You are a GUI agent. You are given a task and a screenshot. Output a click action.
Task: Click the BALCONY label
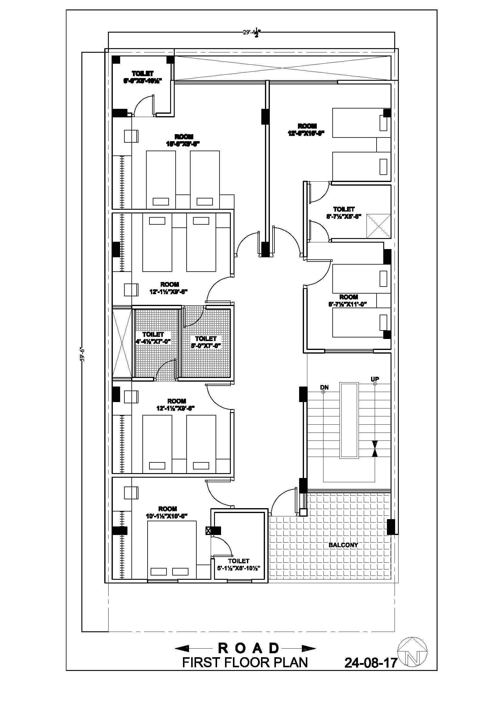[343, 545]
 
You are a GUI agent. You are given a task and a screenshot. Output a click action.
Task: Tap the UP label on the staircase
[374, 379]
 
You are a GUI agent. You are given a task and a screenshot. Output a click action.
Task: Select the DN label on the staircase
[324, 387]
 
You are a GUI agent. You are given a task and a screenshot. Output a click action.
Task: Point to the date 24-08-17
[371, 663]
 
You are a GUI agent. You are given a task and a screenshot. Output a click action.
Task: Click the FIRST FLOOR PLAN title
[245, 662]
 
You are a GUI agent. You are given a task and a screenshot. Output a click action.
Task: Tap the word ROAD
[248, 648]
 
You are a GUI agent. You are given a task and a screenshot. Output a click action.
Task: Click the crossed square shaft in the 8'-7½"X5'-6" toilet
[378, 226]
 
